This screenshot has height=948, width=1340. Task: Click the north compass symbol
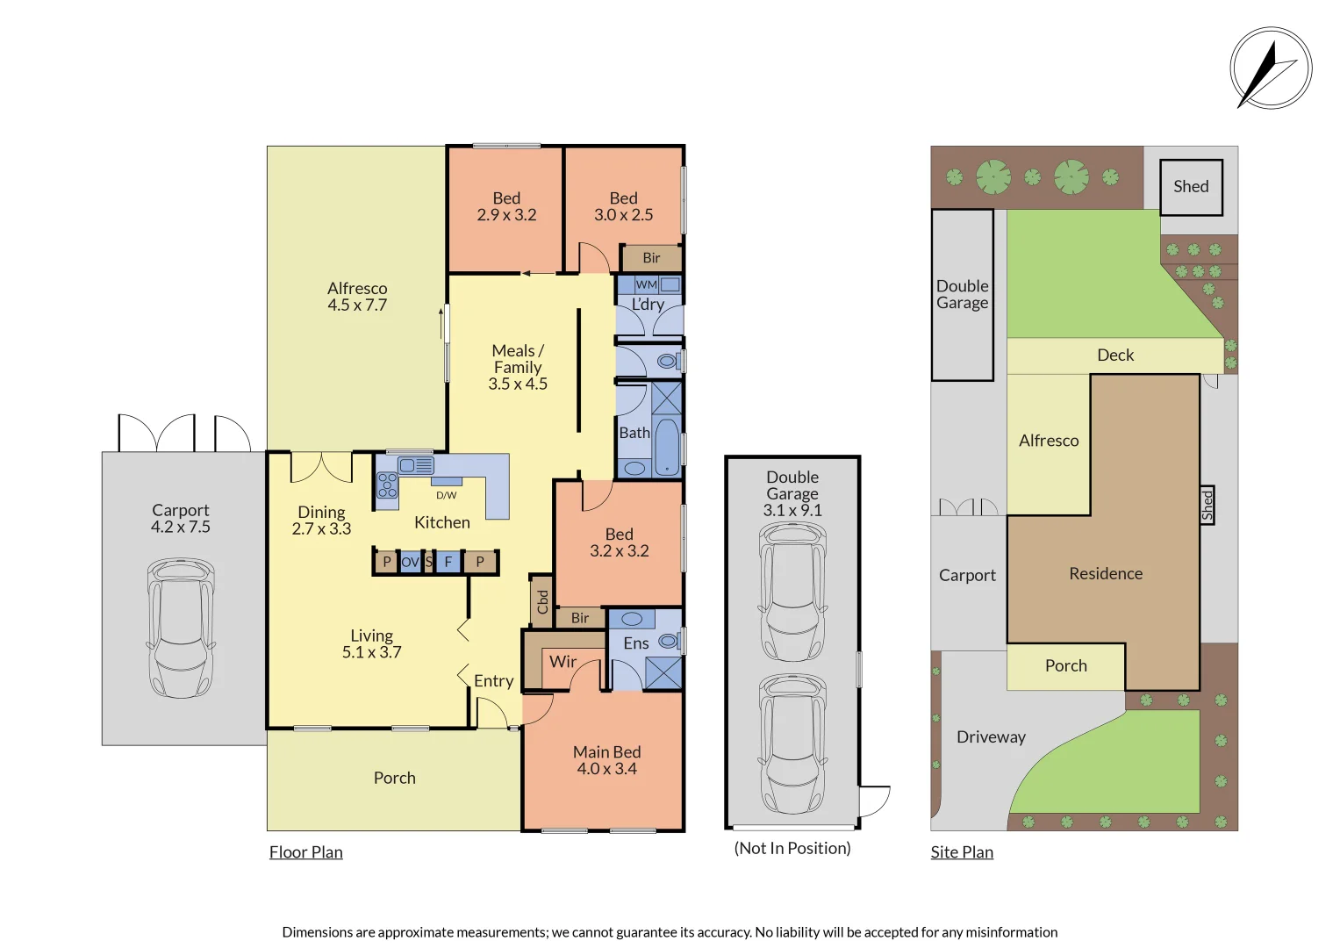[x=1270, y=68]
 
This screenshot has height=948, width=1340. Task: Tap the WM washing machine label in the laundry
[x=646, y=284]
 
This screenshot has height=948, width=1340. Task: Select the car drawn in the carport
[x=181, y=628]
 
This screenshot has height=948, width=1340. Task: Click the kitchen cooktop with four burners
[x=387, y=485]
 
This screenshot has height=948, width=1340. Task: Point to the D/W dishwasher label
[x=446, y=495]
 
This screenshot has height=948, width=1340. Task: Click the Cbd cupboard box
[x=541, y=601]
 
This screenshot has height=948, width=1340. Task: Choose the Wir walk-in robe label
[x=563, y=662]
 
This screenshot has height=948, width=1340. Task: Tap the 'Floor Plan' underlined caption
[x=305, y=852]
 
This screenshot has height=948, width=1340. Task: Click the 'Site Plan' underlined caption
[x=962, y=852]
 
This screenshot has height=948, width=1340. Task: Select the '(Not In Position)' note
[x=792, y=848]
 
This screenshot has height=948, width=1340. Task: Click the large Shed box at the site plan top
[x=1191, y=187]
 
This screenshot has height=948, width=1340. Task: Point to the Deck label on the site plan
[x=1115, y=355]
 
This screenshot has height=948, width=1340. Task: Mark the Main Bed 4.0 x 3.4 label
[x=606, y=760]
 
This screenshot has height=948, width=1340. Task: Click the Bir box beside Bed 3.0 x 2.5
[x=651, y=258]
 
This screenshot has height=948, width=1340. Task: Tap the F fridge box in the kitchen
[x=448, y=562]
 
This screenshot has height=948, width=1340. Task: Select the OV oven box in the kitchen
[x=410, y=562]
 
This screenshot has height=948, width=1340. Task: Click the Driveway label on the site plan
[x=991, y=737]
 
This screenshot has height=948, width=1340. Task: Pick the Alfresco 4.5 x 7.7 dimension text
[x=357, y=305]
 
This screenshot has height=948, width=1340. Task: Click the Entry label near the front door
[x=493, y=681]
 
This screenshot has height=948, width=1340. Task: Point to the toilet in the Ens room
[x=670, y=642]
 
